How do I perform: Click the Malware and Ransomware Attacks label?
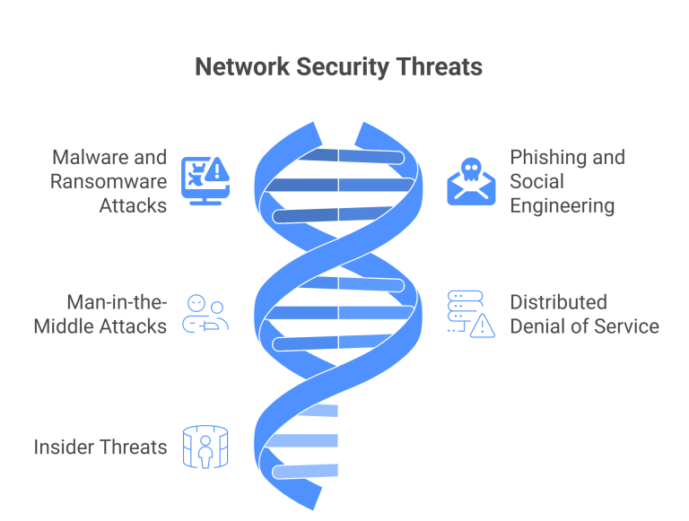[x=109, y=181]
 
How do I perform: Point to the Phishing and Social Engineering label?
[x=567, y=181]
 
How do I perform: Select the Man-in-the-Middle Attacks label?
[x=100, y=314]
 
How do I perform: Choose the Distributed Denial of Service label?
[x=584, y=314]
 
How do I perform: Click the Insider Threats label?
[x=100, y=447]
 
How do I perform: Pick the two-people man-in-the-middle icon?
[x=205, y=314]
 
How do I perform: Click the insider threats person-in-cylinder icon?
[x=205, y=446]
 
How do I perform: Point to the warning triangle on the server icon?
[x=483, y=326]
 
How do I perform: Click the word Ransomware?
[x=109, y=181]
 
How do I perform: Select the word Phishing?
[x=543, y=157]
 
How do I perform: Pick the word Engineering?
[x=563, y=205]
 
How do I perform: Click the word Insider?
[x=61, y=447]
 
